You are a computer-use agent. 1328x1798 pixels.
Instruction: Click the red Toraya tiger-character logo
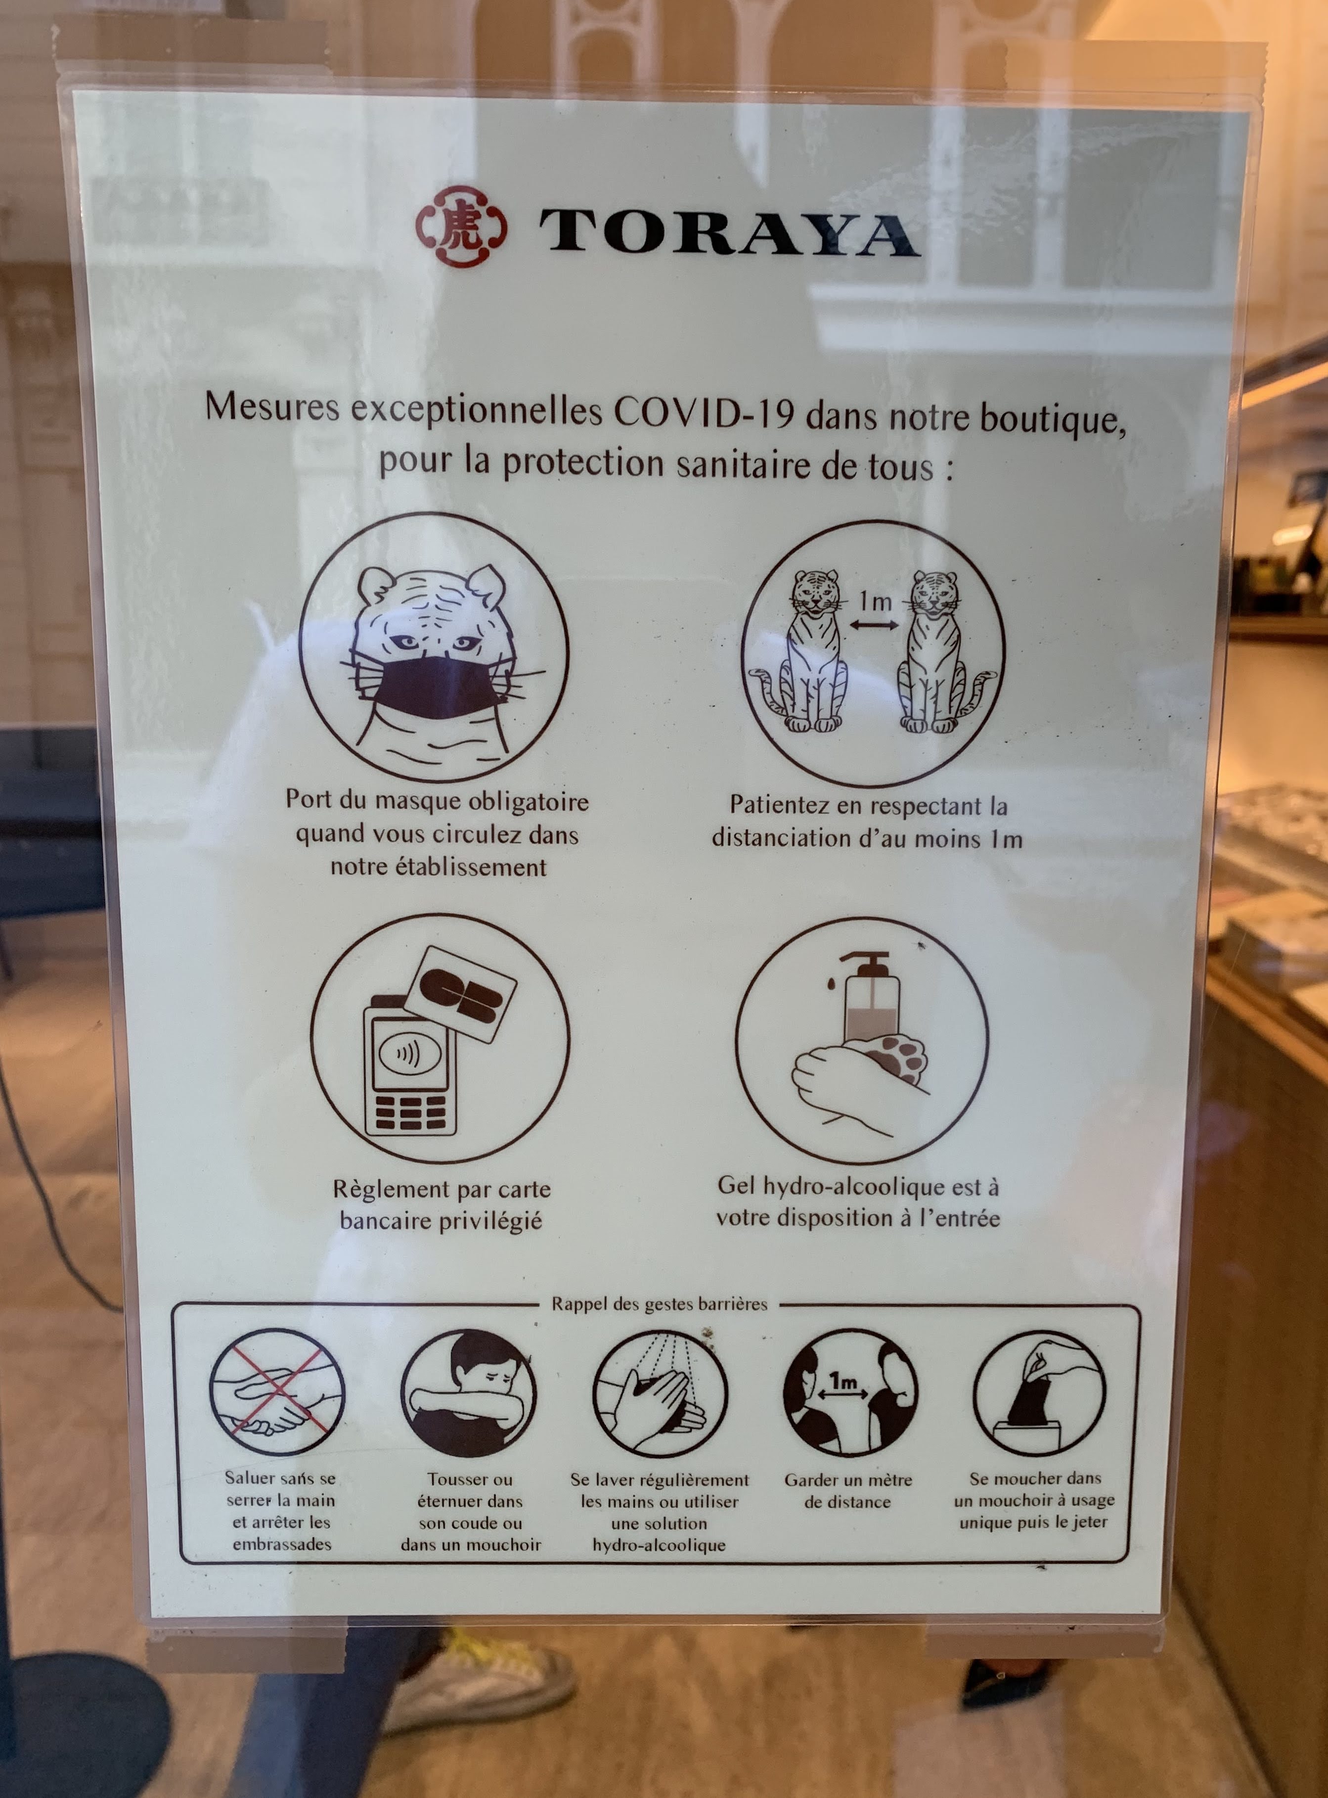point(461,226)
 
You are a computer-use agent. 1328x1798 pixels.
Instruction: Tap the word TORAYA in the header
point(729,232)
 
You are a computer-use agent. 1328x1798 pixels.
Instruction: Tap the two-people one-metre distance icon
point(849,1392)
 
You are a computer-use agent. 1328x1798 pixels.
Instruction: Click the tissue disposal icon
point(1039,1392)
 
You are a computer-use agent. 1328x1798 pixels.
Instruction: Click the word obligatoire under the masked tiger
point(528,802)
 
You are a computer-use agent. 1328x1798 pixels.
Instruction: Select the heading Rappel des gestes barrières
point(659,1303)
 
